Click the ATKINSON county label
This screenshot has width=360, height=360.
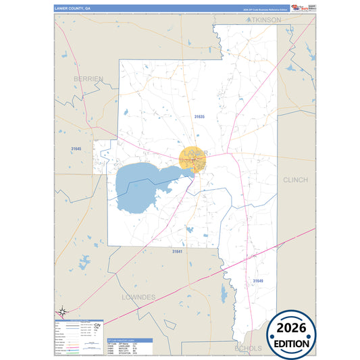[264, 20]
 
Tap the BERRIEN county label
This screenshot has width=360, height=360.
[88, 79]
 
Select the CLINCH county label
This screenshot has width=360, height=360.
[294, 180]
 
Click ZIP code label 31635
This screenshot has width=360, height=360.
[198, 117]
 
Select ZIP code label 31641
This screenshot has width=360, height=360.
[177, 251]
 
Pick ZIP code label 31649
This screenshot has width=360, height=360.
[259, 280]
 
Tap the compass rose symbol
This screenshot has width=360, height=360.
[62, 311]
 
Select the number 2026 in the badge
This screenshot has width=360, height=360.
[290, 328]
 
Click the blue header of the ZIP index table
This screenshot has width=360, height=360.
[130, 340]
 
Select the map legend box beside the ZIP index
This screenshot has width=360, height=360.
[78, 337]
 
